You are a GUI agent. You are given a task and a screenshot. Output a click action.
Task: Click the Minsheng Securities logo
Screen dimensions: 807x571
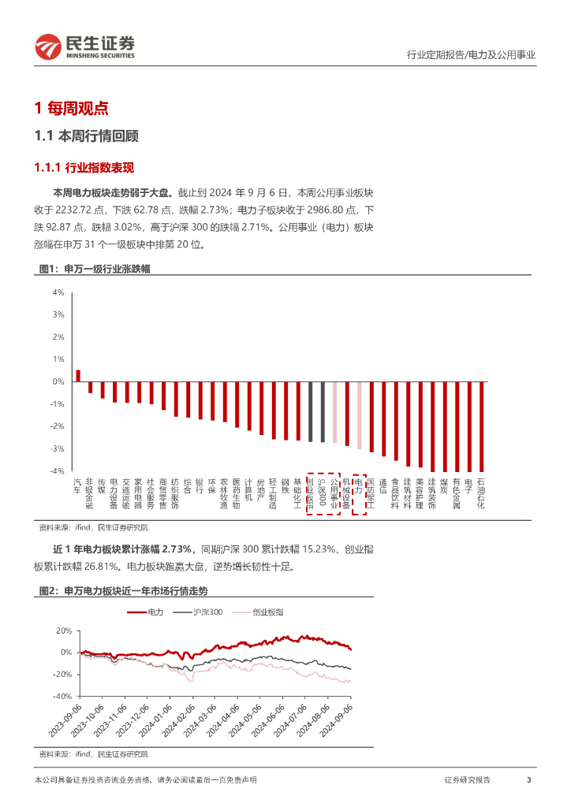[x=85, y=47]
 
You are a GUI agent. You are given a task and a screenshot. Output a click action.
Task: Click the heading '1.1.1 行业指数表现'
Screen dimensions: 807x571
[x=84, y=168]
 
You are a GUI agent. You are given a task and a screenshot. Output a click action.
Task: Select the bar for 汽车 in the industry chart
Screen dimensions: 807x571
[x=77, y=376]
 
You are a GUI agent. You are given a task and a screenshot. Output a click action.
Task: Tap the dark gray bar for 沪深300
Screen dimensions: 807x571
[x=322, y=411]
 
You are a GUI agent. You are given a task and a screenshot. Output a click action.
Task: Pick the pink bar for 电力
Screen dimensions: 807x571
[x=359, y=415]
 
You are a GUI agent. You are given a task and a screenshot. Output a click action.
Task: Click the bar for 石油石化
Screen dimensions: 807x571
[x=481, y=426]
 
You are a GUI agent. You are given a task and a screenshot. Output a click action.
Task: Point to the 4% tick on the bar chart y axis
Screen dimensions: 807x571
[x=58, y=292]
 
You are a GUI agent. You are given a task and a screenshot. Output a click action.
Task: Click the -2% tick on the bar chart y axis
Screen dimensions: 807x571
[x=58, y=426]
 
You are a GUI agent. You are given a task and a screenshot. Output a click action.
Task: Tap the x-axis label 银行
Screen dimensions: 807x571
[x=200, y=486]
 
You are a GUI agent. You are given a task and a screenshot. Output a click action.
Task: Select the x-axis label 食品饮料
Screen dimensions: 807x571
[x=395, y=493]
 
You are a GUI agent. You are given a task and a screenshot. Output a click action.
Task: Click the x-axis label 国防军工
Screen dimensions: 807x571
[x=371, y=493]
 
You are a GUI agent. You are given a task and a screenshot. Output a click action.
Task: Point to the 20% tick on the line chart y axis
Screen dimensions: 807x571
[x=65, y=630]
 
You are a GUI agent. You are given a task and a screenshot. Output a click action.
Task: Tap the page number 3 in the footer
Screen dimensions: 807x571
[x=528, y=779]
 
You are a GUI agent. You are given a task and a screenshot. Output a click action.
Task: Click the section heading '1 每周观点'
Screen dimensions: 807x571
[x=72, y=108]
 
